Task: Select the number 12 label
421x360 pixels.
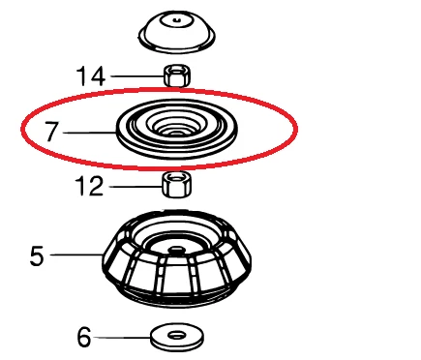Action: pos(89,186)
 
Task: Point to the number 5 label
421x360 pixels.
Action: pos(37,255)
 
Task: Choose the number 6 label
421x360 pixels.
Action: pos(84,337)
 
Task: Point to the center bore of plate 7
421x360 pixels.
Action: pos(176,127)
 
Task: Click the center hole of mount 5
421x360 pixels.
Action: pos(176,249)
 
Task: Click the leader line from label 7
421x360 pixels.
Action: pos(92,132)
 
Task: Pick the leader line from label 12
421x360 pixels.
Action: pos(134,185)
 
